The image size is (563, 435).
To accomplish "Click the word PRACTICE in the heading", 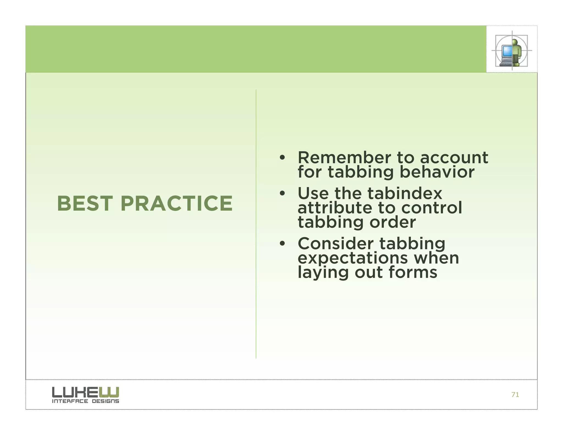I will coord(176,203).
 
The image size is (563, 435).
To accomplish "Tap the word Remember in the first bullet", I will coord(344,158).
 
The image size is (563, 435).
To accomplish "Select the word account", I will coord(454,158).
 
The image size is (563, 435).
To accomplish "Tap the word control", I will coord(432,208).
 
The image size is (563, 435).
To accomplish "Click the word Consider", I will coord(336,244).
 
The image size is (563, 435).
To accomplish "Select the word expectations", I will coord(353,258).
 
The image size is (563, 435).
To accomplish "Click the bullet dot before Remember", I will coord(282,158).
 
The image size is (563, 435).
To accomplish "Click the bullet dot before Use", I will coord(282,194).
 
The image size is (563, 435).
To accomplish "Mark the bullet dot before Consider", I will coord(282,244).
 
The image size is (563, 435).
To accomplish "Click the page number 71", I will coord(515,395).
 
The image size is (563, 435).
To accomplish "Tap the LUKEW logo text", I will coord(85,392).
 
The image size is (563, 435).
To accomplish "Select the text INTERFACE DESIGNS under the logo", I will coord(85,401).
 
